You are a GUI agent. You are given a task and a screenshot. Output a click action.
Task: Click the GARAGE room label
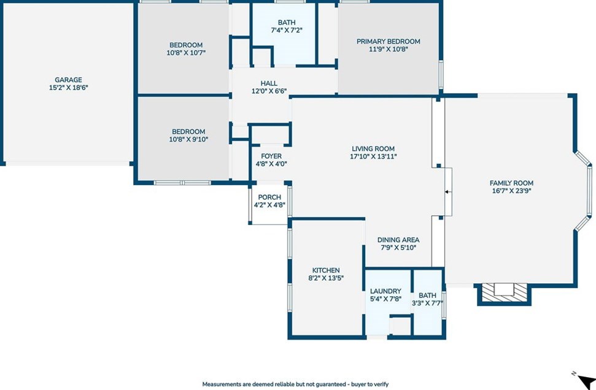(x=68, y=80)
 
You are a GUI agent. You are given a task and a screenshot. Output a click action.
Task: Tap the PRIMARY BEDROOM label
(x=389, y=42)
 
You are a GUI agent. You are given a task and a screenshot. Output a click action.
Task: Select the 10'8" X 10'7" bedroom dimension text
(x=186, y=53)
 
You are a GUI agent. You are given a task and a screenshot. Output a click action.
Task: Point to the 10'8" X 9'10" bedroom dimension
(x=188, y=139)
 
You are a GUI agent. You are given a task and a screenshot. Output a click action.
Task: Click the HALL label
(x=269, y=83)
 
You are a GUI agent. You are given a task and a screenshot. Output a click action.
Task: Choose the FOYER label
(x=271, y=156)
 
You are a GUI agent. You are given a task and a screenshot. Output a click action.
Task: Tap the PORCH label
(x=269, y=197)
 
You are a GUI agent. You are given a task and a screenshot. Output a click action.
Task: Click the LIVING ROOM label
(x=373, y=149)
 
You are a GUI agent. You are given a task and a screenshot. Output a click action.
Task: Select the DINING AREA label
(x=398, y=240)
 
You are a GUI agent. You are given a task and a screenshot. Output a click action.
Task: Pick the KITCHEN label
(x=326, y=270)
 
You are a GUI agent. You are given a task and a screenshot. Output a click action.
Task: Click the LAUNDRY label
(x=385, y=291)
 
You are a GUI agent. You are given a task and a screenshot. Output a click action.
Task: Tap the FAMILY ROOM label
(x=512, y=183)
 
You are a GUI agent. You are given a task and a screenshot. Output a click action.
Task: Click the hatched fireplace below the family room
(x=504, y=292)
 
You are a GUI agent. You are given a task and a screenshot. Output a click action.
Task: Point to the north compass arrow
(x=587, y=380)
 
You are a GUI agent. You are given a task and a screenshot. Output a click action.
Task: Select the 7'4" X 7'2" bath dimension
(x=287, y=31)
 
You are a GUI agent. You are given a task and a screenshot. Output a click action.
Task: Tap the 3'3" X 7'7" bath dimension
(x=428, y=303)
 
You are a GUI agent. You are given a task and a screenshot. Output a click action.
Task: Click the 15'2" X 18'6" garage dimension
(x=68, y=88)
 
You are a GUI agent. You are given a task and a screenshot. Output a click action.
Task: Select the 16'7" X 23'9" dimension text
(x=512, y=191)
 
